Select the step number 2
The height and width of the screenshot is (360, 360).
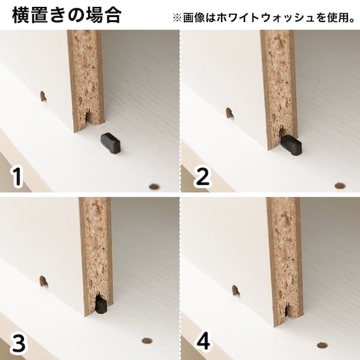pos(201,176)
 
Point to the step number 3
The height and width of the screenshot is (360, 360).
pos(19,344)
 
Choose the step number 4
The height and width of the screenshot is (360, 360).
pos(203,342)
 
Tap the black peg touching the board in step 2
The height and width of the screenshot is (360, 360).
pos(291,145)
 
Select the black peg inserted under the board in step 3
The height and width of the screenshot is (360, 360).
pos(101,306)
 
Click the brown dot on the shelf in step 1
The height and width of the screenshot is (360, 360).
pos(153,186)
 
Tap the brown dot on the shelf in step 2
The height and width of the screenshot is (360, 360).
pos(340,186)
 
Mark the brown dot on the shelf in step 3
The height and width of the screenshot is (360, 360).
pos(147,340)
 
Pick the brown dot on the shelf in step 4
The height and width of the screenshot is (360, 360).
pos(321,345)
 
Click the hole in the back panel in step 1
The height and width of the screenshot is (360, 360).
pos(43,97)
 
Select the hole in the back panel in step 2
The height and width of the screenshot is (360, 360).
pos(229,113)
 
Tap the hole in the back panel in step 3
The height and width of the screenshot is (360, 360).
pos(44,281)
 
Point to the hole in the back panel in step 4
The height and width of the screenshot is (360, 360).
pos(235,291)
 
